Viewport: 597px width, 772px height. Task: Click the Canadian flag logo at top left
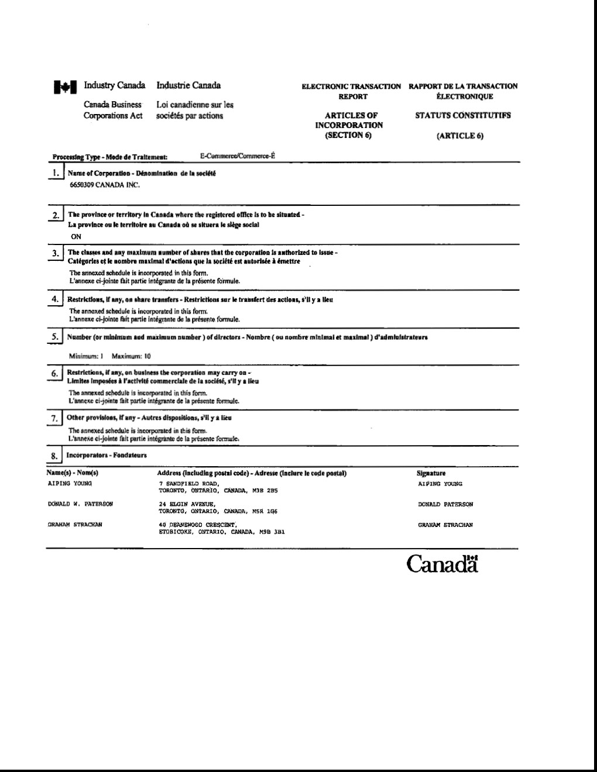pos(65,87)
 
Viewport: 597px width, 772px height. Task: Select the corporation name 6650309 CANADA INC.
pos(105,185)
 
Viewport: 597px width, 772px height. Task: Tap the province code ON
pos(76,237)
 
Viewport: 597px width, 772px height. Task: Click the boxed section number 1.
pos(56,173)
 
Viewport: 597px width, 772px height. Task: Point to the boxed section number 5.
pos(54,337)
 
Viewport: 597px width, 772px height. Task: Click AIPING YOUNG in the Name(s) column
pos(70,484)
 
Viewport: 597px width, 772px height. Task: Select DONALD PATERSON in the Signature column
pos(445,504)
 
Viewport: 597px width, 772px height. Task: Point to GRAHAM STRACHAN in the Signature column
pos(445,525)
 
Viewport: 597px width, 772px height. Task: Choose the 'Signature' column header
pos(431,473)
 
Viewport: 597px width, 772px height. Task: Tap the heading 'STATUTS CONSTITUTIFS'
pos(462,115)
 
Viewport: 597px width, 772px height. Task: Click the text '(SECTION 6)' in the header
pos(349,135)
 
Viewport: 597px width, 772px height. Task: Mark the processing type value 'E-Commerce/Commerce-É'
pos(237,156)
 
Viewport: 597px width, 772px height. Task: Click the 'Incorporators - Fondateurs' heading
pos(107,455)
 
